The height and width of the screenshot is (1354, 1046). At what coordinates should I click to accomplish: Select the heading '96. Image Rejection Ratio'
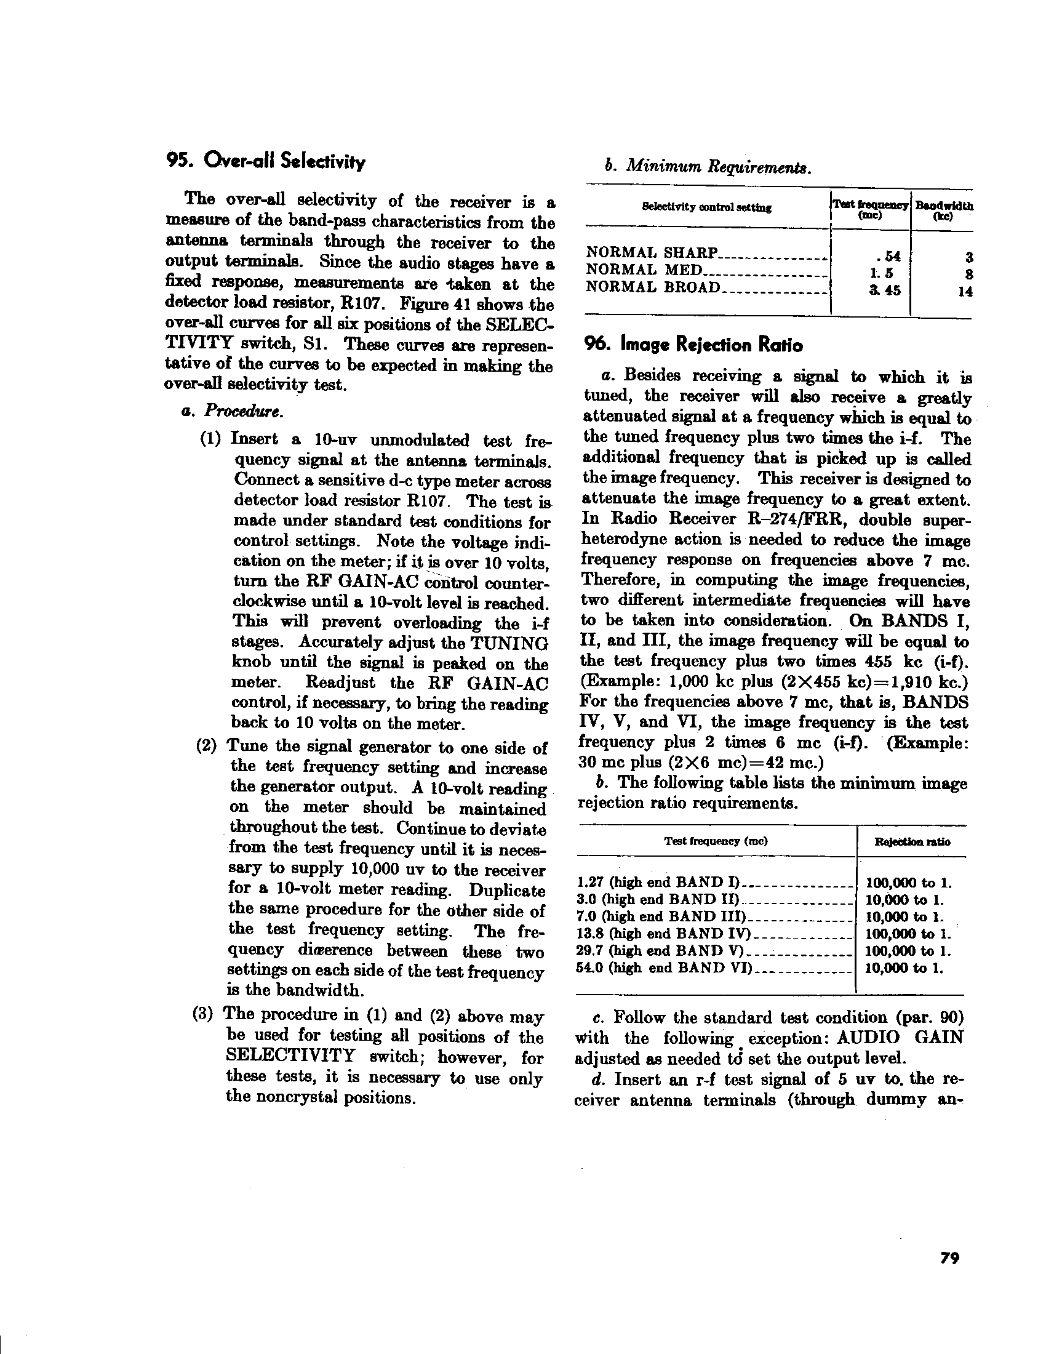(693, 345)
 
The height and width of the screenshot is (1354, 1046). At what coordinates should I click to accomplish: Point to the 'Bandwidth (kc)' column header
(944, 210)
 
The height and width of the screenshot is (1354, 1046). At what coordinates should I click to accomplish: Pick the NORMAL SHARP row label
(651, 253)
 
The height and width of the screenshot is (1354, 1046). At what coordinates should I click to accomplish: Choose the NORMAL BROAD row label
(653, 287)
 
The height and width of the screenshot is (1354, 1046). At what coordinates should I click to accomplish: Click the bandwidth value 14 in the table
(964, 291)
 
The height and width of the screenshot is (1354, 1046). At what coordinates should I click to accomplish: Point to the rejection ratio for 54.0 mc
(903, 968)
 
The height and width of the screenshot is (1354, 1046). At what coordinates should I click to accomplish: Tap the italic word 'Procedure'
(244, 411)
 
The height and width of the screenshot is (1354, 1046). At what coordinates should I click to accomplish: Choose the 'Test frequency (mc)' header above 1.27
(716, 841)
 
